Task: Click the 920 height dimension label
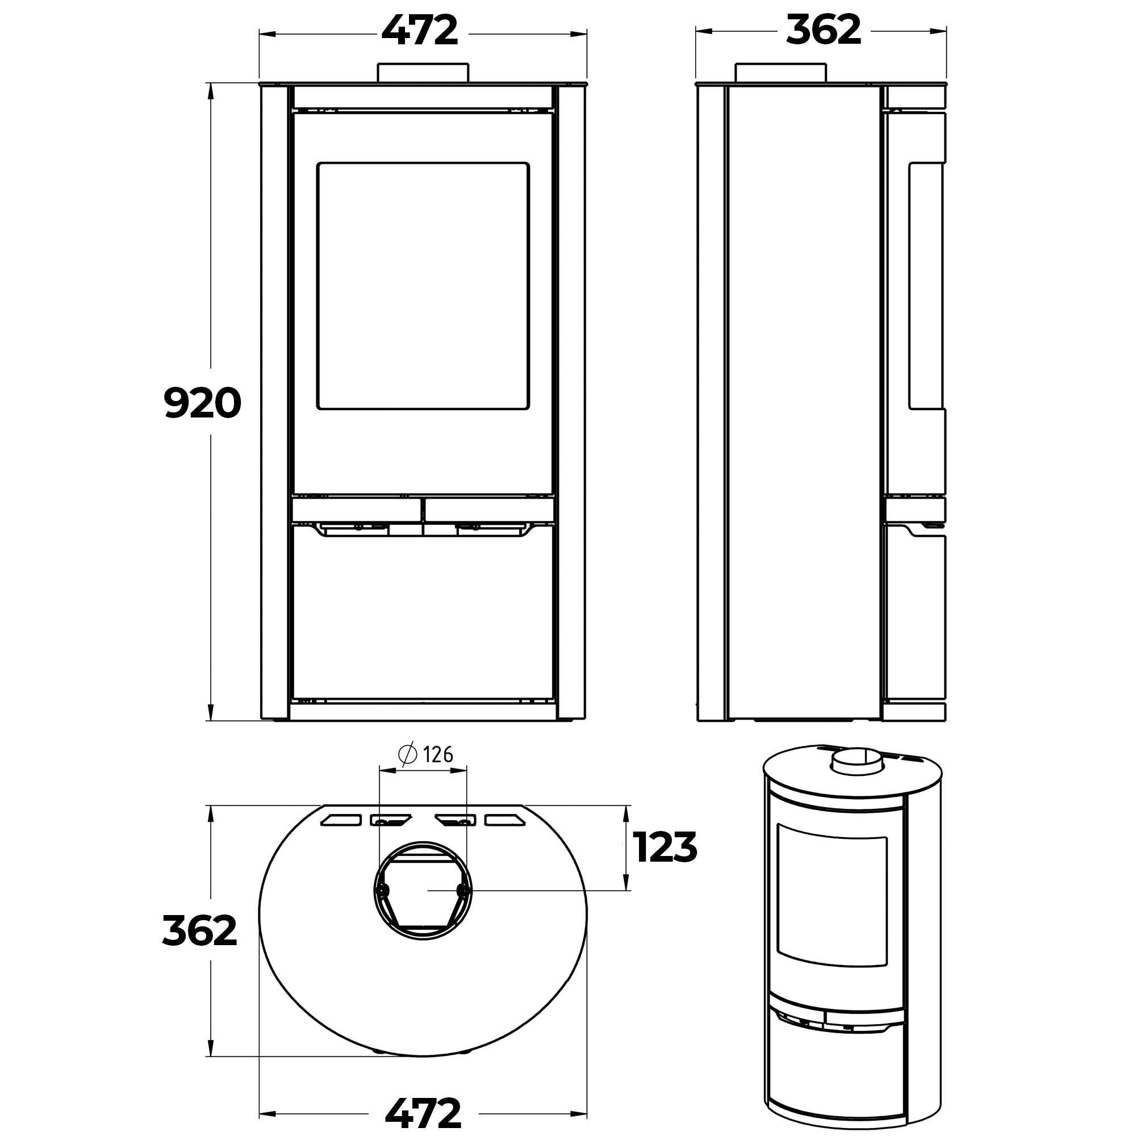[x=202, y=403]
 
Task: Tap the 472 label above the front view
[x=420, y=30]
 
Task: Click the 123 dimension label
[x=665, y=847]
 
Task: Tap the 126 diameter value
[x=438, y=754]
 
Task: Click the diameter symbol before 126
[x=407, y=754]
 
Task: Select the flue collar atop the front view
[x=423, y=73]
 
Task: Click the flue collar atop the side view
[x=781, y=73]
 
